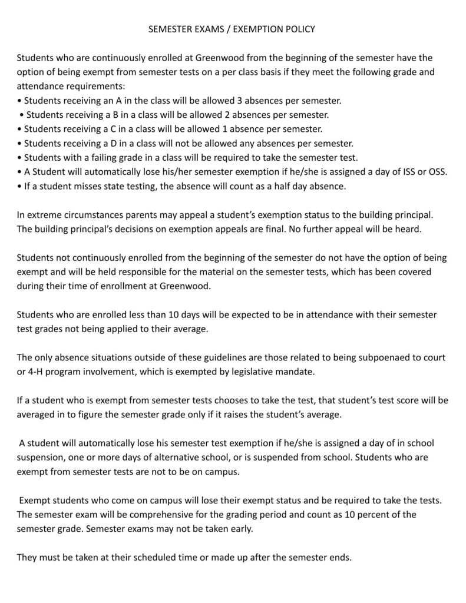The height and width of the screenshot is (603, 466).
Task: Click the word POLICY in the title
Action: pos(299,29)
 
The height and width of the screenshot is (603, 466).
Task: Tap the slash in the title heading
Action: pos(229,29)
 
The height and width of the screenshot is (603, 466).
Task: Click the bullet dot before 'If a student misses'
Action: pos(19,186)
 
